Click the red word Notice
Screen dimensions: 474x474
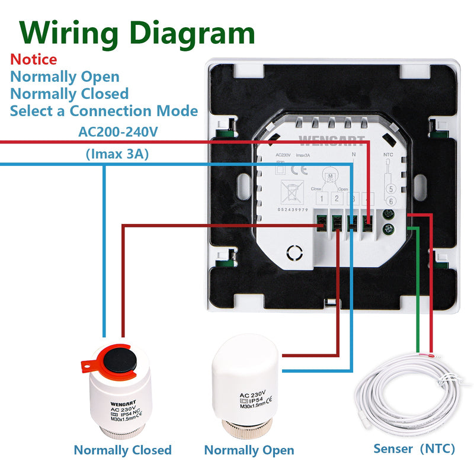(34, 59)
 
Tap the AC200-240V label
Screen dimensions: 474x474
(118, 132)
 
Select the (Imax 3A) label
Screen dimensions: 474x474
(117, 155)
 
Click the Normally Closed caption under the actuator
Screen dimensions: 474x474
(123, 450)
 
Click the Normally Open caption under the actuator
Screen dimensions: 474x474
(249, 450)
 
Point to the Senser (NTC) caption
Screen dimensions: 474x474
(414, 449)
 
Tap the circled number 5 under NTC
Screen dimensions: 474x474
(390, 190)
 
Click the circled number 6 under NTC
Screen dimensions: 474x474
(390, 202)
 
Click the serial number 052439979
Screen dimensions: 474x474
(293, 210)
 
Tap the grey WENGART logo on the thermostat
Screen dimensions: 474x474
(323, 141)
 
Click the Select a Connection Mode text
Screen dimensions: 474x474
(104, 111)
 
